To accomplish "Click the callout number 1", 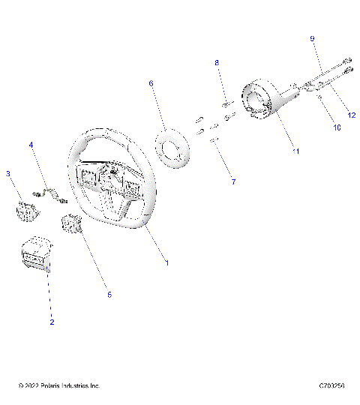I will click(166, 263).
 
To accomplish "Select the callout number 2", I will click(52, 322).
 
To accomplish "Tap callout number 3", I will click(8, 174).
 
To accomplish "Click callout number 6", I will click(151, 84).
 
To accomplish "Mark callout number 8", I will click(217, 63).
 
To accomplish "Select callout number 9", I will click(313, 37).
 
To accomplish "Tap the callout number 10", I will click(337, 128).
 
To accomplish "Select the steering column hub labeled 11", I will click(265, 102).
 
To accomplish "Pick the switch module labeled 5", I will click(75, 223).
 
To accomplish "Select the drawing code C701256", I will click(330, 386).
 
